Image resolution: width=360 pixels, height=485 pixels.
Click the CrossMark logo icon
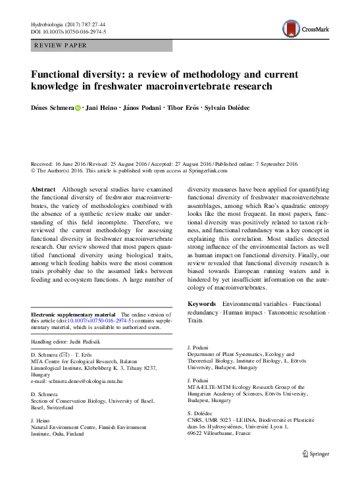coord(290,28)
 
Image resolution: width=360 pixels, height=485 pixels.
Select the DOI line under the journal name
coord(69,31)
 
